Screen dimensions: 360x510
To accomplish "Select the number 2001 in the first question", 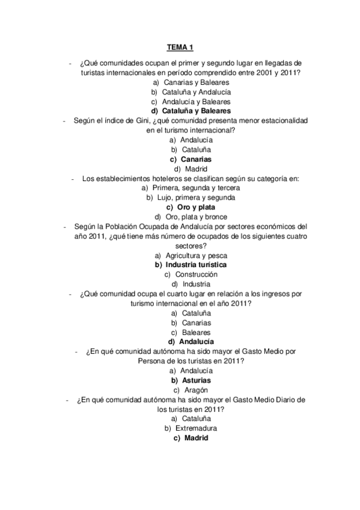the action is pyautogui.click(x=263, y=73).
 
